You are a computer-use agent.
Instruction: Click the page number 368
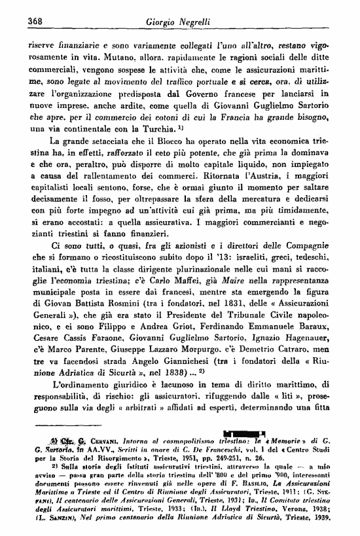click(x=33, y=20)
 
